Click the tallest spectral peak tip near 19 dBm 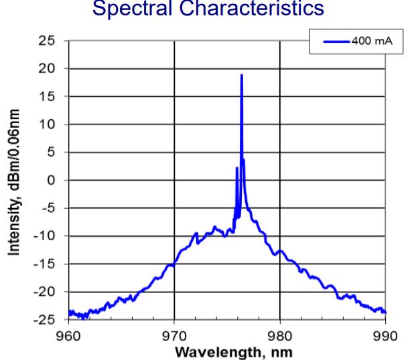coord(241,76)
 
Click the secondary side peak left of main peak coord(236,168)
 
